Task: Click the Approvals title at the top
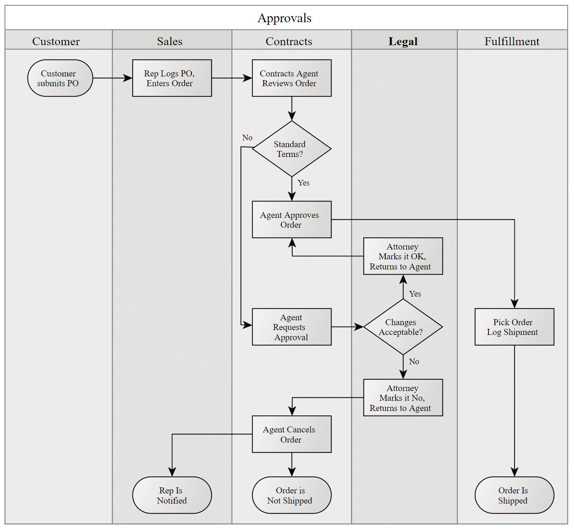[284, 18]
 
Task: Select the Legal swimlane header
[403, 41]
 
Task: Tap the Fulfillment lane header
[511, 41]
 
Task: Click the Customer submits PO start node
[60, 78]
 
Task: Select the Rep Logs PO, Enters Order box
[172, 78]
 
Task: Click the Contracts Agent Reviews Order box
[292, 78]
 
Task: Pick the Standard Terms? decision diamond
[292, 149]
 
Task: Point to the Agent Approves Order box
[292, 219]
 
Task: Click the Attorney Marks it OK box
[403, 256]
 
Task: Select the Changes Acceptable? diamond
[403, 327]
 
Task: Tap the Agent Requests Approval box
[292, 327]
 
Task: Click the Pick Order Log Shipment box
[514, 327]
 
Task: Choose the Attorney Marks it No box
[403, 398]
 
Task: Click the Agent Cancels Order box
[292, 434]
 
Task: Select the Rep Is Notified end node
[172, 495]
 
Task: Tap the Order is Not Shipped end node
[292, 495]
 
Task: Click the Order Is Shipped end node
[514, 495]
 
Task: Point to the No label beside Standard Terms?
[247, 138]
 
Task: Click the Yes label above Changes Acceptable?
[415, 294]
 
